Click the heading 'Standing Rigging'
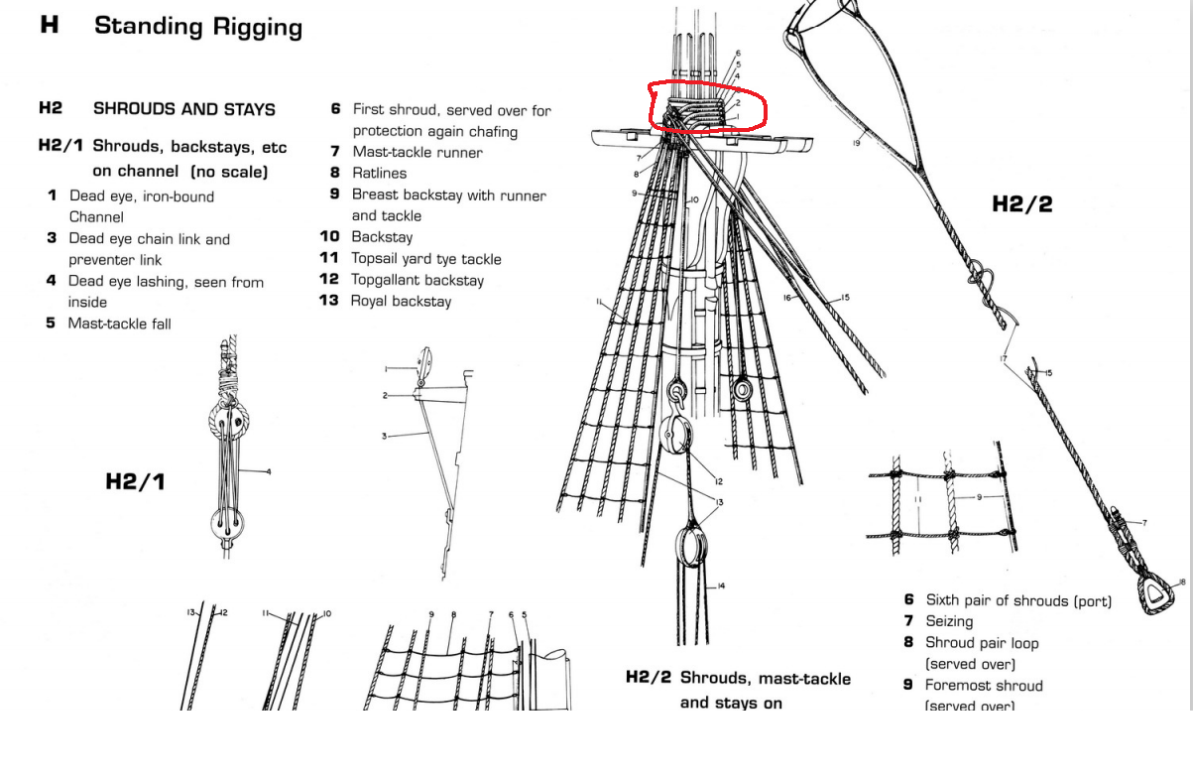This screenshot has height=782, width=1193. (197, 27)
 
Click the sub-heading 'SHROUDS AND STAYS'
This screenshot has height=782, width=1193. (183, 109)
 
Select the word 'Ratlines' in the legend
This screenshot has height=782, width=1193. (379, 174)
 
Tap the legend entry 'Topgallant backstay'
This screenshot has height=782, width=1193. (418, 280)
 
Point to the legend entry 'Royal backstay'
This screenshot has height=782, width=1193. (401, 301)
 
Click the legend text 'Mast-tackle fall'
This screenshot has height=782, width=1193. (119, 324)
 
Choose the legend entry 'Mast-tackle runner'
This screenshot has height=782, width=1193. (418, 152)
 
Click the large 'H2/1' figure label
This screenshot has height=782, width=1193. (135, 482)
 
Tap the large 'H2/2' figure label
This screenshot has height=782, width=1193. (1021, 204)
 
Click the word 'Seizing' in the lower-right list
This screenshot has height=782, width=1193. (949, 621)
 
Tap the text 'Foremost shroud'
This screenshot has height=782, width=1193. (984, 685)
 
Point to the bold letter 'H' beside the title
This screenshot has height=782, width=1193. (50, 26)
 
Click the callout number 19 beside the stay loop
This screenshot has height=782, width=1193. (856, 144)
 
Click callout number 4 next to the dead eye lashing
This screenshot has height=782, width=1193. (268, 472)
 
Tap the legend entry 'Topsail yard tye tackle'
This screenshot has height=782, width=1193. (426, 259)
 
